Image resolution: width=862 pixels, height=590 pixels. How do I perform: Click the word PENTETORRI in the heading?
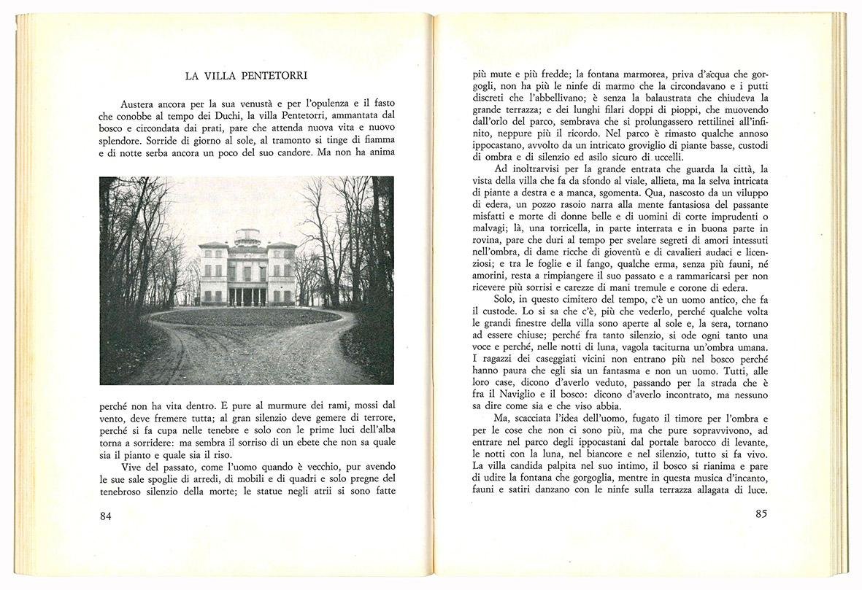pyautogui.click(x=280, y=75)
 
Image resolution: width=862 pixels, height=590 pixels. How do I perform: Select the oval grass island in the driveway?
pyautogui.click(x=245, y=319)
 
